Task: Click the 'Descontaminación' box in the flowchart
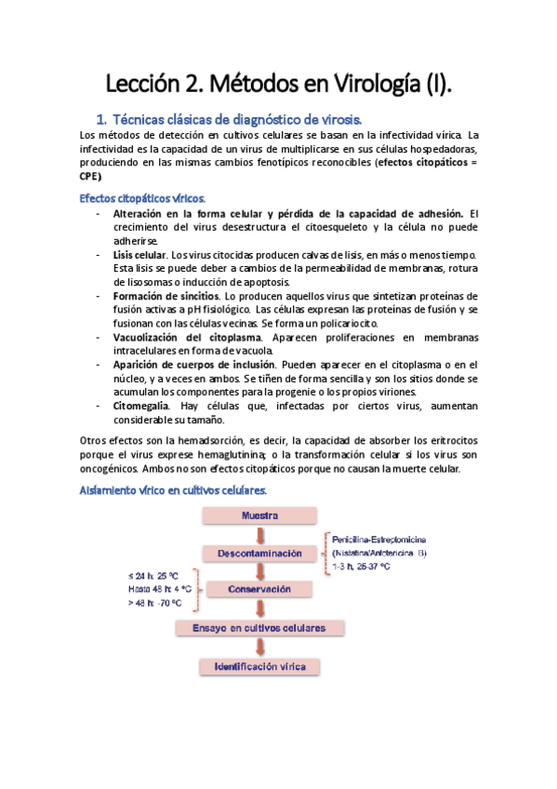(x=259, y=554)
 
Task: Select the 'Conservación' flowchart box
(x=259, y=589)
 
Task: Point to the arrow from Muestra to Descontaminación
(x=260, y=534)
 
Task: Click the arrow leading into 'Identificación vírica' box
(x=260, y=649)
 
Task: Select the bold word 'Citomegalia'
(x=141, y=406)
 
